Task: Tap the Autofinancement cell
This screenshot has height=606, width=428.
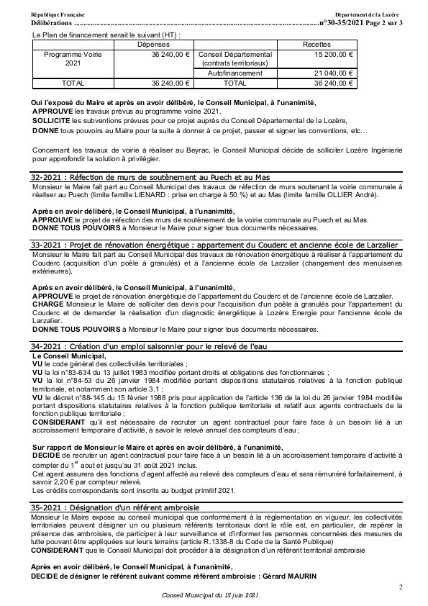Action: (x=237, y=73)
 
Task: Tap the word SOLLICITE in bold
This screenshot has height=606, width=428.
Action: (x=50, y=121)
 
